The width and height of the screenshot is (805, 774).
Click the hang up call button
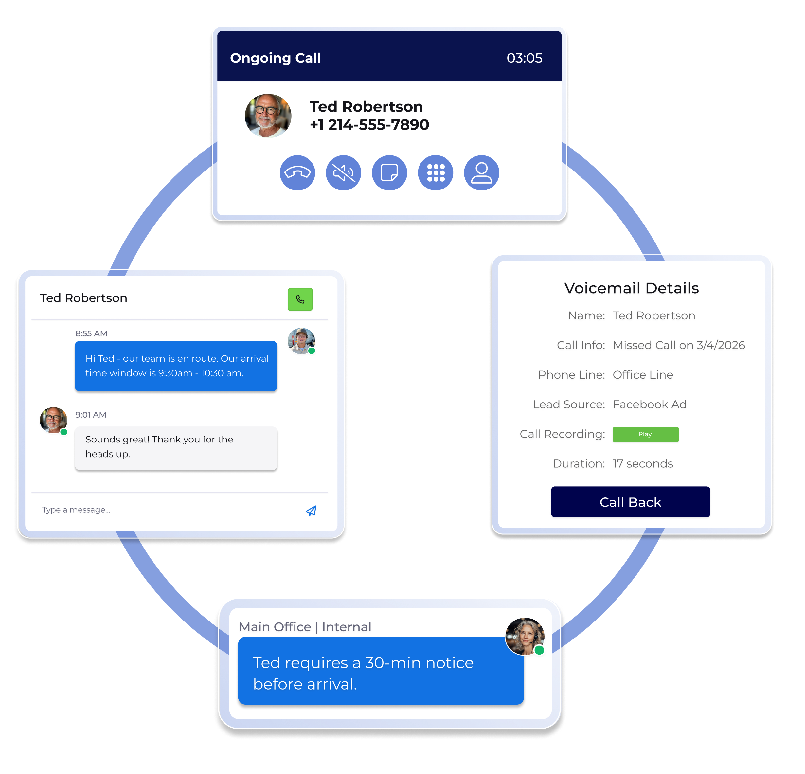pos(297,173)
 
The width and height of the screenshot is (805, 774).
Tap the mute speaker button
pos(343,173)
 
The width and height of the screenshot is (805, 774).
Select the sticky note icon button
pos(389,173)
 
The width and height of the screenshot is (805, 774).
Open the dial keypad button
pos(435,173)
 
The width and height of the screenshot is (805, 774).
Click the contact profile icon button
pos(481,173)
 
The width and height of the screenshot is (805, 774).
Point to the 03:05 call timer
pos(525,58)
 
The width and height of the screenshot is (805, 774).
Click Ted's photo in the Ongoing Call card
pos(268,116)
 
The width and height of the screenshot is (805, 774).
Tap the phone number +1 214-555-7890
pos(369,124)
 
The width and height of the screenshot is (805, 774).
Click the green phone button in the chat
pos(300,299)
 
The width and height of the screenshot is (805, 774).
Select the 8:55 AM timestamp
pos(91,333)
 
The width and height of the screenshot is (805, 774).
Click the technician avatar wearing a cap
pos(301,341)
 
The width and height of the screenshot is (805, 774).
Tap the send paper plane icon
pos(311,511)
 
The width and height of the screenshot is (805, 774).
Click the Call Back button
pos(631,502)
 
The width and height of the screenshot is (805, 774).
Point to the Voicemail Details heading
pos(631,288)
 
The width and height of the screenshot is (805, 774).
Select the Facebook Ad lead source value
pos(649,405)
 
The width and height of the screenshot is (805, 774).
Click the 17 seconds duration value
pos(643,464)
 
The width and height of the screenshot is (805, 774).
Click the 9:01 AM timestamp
pos(91,415)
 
